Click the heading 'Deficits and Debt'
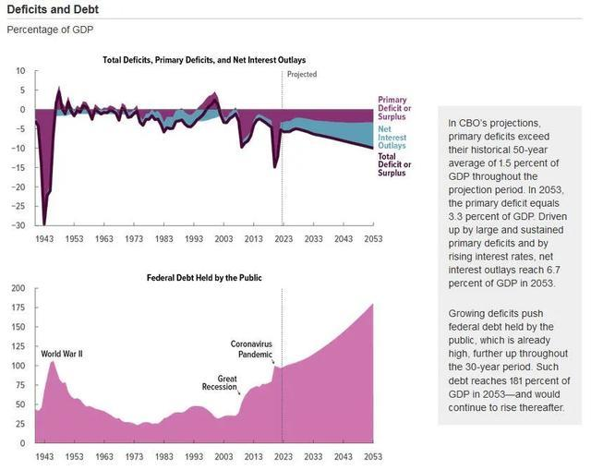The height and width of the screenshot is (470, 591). coord(53,9)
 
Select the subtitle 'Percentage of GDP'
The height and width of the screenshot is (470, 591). coord(50,30)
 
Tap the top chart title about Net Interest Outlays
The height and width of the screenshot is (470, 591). coord(204,60)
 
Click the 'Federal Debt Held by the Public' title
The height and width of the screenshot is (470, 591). coord(204,278)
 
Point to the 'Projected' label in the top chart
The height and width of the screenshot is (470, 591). coord(302,74)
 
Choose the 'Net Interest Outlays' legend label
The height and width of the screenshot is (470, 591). coord(392,138)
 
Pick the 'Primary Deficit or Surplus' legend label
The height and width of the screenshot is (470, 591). coord(394,108)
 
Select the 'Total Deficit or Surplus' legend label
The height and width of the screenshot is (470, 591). coord(394,164)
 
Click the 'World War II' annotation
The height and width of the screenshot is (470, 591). coord(62,354)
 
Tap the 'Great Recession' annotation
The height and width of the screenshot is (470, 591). coord(220,382)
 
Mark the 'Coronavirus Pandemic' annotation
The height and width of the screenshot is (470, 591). coord(251,349)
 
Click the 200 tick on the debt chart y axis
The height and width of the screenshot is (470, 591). coord(18,288)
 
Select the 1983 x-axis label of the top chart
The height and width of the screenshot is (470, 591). coord(164,239)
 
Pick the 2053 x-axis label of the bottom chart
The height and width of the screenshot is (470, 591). coord(373,456)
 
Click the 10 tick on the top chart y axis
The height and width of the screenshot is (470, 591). coord(20,71)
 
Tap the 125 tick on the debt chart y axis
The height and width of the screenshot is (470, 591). coord(18,346)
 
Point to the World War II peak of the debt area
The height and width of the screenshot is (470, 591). coord(52,361)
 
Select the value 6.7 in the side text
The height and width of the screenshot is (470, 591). coord(553,270)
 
